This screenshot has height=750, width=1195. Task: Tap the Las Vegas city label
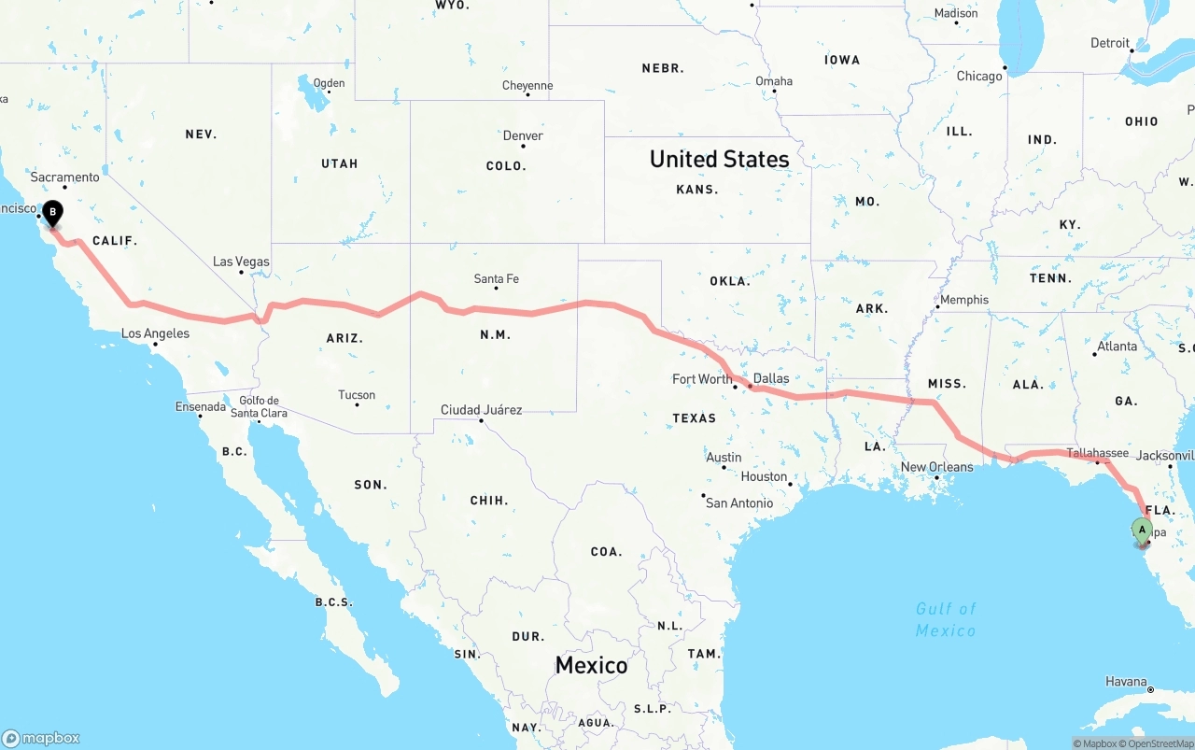pyautogui.click(x=241, y=262)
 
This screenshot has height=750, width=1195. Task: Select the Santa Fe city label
pyautogui.click(x=496, y=278)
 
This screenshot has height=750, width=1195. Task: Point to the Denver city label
pyautogui.click(x=523, y=135)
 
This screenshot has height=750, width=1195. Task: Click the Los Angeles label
pyautogui.click(x=155, y=333)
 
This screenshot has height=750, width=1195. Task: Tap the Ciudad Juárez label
pyautogui.click(x=481, y=410)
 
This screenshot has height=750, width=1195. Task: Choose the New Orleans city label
pyautogui.click(x=936, y=467)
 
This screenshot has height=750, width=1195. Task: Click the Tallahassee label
pyautogui.click(x=1098, y=453)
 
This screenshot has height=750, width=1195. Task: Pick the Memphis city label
pyautogui.click(x=964, y=300)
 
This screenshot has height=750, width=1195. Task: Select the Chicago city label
pyautogui.click(x=978, y=76)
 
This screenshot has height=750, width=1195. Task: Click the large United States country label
pyautogui.click(x=719, y=159)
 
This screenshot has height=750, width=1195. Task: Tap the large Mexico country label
pyautogui.click(x=591, y=665)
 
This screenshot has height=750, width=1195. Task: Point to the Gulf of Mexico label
pyautogui.click(x=946, y=619)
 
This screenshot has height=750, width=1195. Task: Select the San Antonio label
pyautogui.click(x=739, y=503)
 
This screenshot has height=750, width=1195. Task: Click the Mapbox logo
pyautogui.click(x=41, y=738)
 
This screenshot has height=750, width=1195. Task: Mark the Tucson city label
pyautogui.click(x=357, y=395)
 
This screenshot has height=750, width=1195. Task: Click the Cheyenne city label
pyautogui.click(x=527, y=86)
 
